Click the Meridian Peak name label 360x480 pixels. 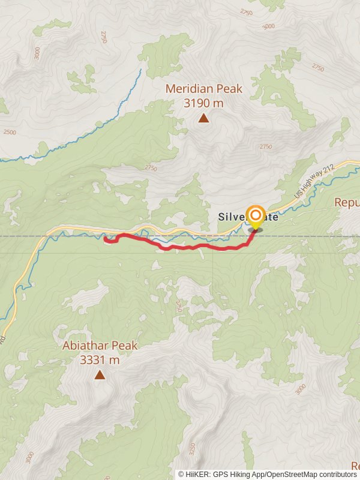click(204, 89)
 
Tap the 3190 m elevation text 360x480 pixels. click(204, 103)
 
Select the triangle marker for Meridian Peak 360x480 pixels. click(204, 118)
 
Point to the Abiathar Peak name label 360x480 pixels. click(100, 346)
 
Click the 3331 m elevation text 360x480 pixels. click(100, 360)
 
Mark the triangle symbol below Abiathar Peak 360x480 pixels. click(100, 376)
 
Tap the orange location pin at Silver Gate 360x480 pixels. click(256, 217)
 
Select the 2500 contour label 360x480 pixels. click(10, 132)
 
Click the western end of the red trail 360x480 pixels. click(106, 239)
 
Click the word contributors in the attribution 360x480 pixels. click(337, 474)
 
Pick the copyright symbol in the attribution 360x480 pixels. click(181, 474)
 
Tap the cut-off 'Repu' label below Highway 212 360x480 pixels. click(347, 202)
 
